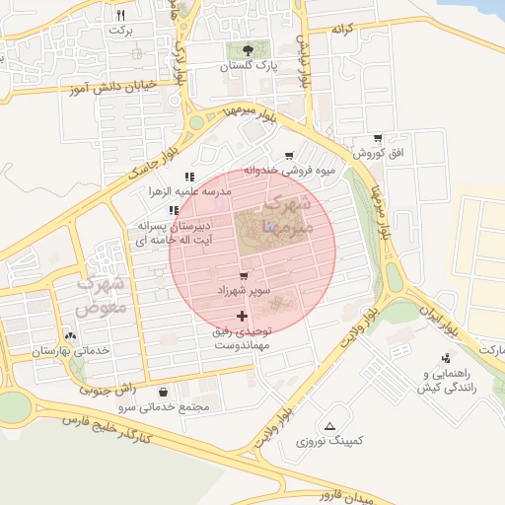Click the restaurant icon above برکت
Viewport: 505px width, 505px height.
[120, 15]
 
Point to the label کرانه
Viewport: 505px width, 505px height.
[342, 30]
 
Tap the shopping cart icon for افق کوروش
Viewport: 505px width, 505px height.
[378, 138]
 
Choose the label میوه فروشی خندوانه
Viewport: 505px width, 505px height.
[290, 171]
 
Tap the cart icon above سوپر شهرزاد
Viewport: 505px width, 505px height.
[243, 275]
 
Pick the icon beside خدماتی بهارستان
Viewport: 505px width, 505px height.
[69, 334]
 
